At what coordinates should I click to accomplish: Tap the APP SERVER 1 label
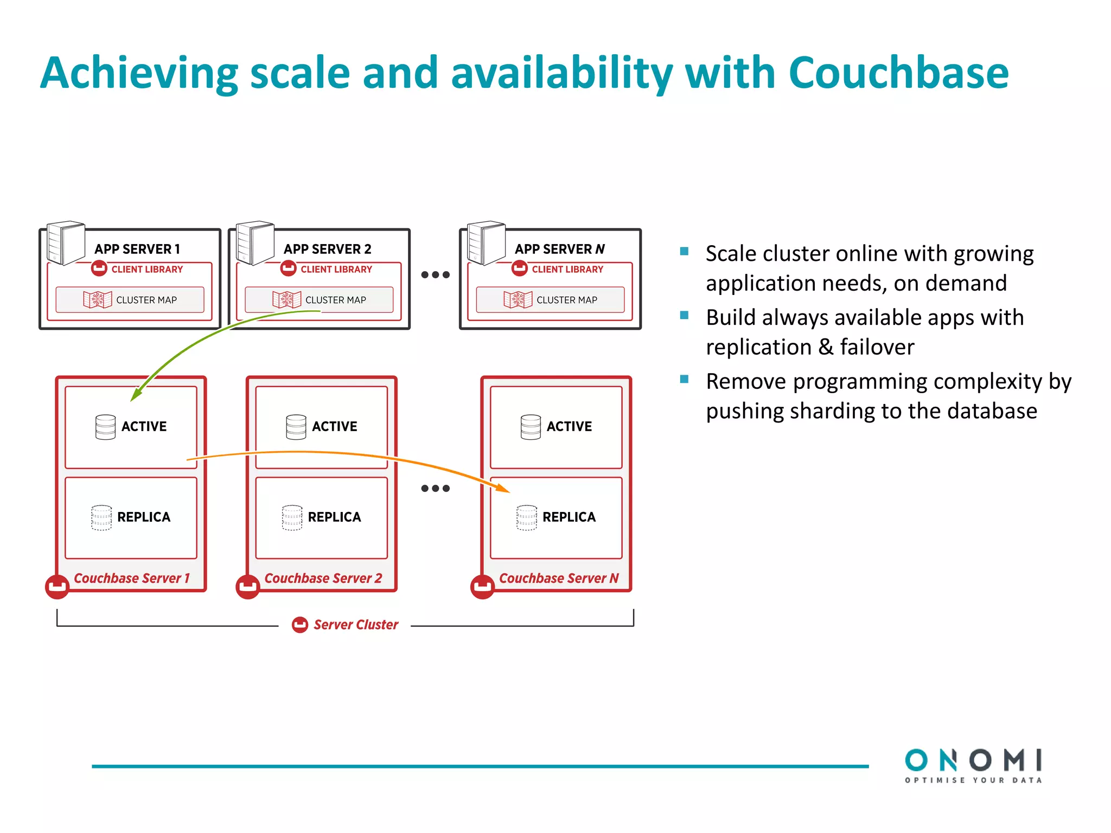(137, 249)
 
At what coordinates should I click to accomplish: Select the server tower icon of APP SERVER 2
(254, 242)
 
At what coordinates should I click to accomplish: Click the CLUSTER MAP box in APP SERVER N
(550, 300)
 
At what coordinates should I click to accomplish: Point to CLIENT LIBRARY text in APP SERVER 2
(336, 270)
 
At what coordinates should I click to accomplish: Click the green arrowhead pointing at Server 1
(136, 395)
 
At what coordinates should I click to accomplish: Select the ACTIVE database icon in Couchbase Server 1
(105, 427)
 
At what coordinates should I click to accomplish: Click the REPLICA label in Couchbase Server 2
(334, 517)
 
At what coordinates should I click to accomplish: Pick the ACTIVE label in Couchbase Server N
(569, 427)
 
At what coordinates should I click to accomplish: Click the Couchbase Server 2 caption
(323, 579)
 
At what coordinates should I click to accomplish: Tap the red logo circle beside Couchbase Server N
(482, 587)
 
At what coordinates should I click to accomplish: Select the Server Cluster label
(355, 625)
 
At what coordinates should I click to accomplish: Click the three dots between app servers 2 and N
(435, 275)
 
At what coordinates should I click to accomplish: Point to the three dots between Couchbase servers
(435, 489)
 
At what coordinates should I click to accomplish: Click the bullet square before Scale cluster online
(684, 251)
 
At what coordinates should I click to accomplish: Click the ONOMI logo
(973, 765)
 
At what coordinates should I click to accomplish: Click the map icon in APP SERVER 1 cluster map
(97, 300)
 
